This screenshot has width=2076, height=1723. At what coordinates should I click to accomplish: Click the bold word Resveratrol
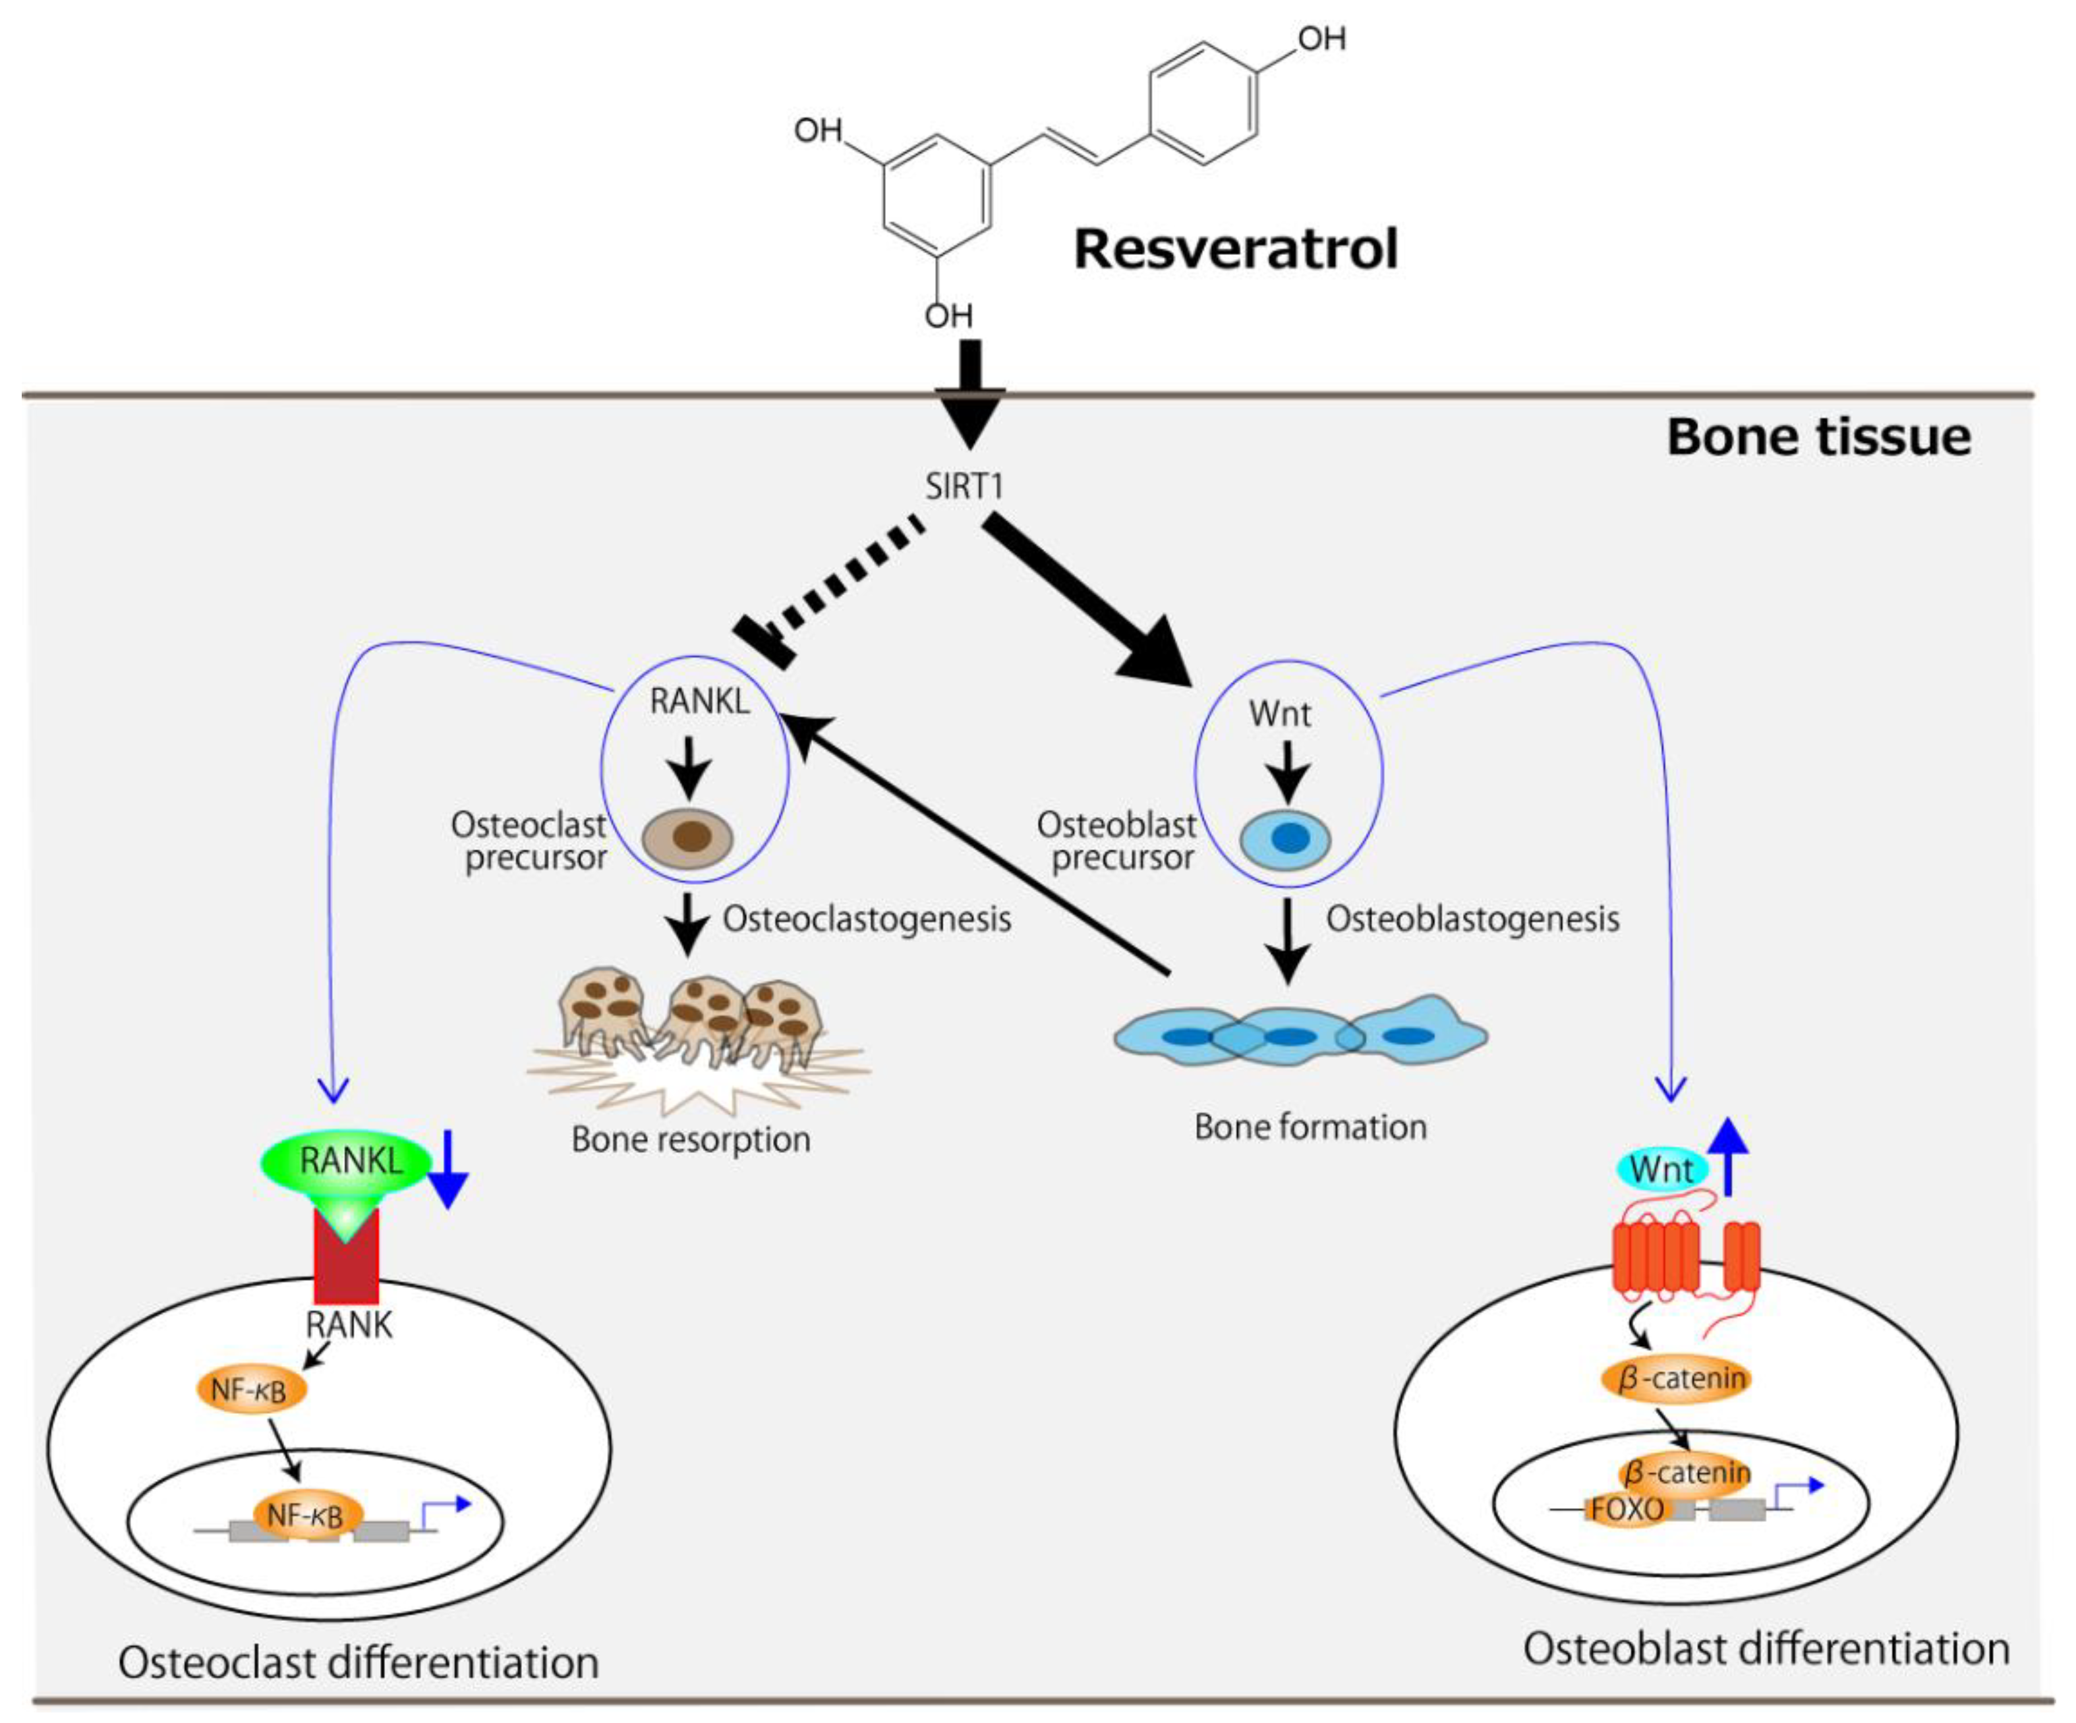tap(1236, 249)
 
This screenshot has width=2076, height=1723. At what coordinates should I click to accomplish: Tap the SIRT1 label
tap(964, 486)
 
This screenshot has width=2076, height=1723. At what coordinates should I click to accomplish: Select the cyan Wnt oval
tap(1661, 1170)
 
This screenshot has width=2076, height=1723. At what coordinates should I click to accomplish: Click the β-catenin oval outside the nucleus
tap(1675, 1378)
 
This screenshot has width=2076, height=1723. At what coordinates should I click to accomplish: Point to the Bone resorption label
tap(691, 1140)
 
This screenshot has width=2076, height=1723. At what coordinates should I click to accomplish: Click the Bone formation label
tap(1310, 1127)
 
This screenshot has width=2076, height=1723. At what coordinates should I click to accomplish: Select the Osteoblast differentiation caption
tap(1766, 1650)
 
